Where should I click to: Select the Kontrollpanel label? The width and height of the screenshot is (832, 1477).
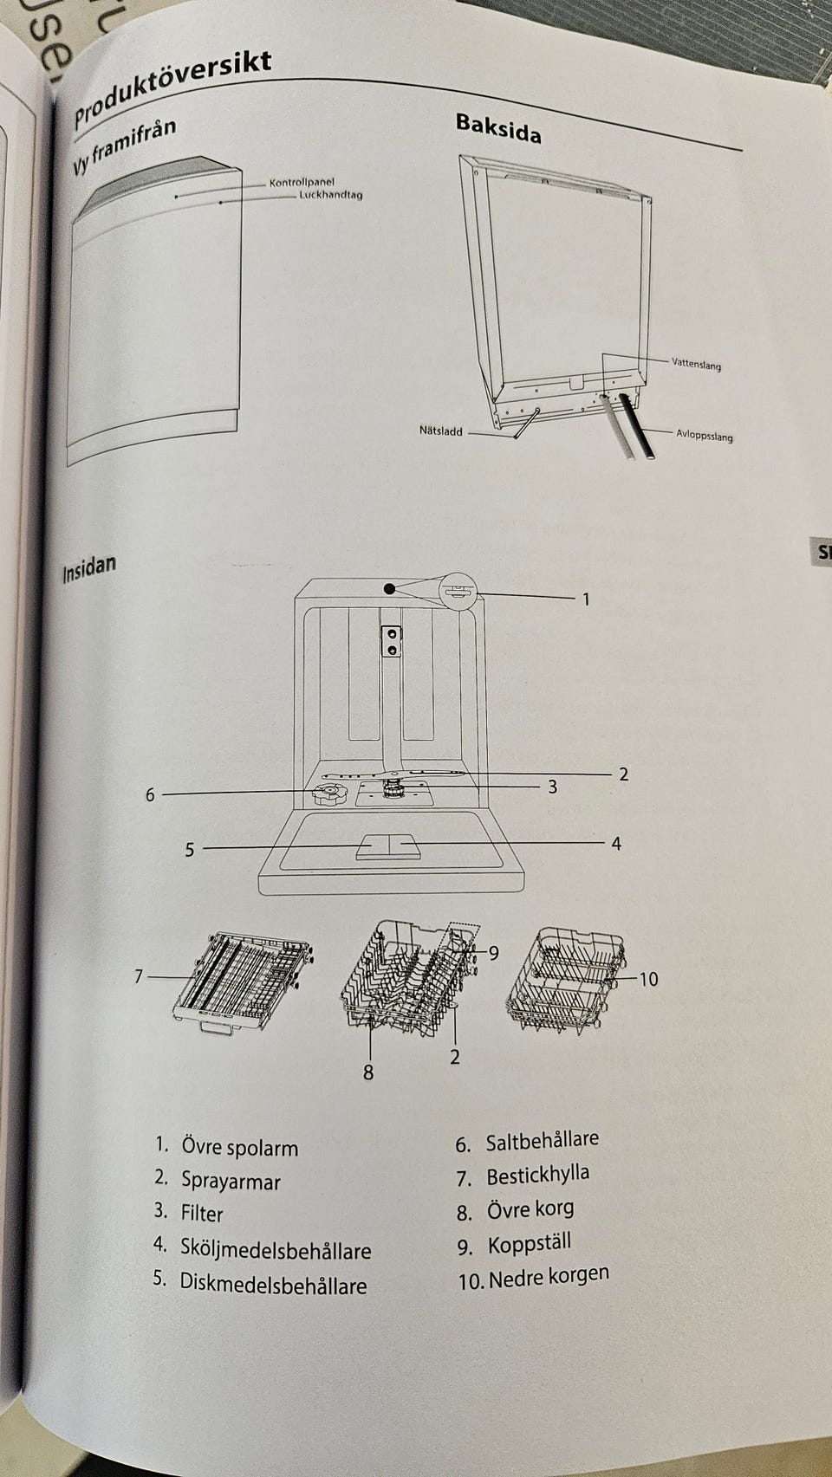[x=302, y=183]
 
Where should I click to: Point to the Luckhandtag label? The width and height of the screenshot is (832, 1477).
[x=330, y=195]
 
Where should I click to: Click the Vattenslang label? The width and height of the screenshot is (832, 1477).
[x=696, y=365]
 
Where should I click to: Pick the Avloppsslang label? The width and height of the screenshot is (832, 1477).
[x=704, y=436]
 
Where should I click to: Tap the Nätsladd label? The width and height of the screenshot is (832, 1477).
[x=441, y=431]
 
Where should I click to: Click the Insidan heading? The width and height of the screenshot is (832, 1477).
[x=88, y=570]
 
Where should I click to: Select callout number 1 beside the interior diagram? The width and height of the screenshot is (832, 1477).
[x=586, y=599]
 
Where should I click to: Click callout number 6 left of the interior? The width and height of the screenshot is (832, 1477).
[x=150, y=794]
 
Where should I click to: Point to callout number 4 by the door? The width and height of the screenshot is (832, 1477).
[x=616, y=843]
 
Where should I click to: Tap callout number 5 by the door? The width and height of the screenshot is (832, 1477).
[x=190, y=850]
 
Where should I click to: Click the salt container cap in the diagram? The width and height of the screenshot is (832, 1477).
[x=328, y=794]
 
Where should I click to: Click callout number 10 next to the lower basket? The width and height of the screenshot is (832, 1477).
[x=648, y=979]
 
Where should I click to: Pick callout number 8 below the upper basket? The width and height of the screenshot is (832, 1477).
[x=368, y=1072]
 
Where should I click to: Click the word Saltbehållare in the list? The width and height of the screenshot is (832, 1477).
[x=542, y=1141]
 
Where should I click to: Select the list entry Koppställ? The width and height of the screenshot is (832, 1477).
[x=530, y=1245]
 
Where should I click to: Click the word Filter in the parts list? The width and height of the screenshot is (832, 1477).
[x=202, y=1214]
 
